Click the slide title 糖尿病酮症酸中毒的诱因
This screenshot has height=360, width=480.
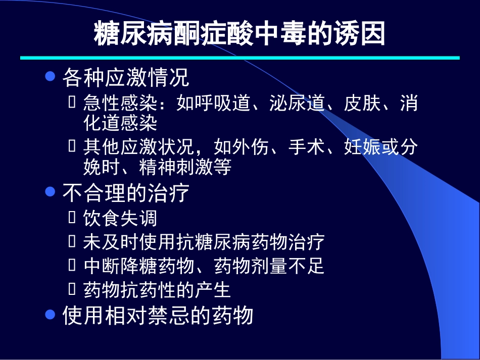coord(239,34)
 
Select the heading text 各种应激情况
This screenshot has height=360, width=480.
coord(126,78)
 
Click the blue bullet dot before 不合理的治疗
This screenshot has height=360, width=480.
coord(50,191)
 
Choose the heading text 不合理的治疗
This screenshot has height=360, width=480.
coord(126,193)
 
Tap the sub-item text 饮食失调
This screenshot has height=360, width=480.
coord(120,218)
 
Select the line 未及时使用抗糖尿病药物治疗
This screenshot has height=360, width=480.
coord(204,242)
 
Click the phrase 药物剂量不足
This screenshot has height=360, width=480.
coord(269,266)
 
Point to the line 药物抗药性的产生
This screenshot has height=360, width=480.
coord(157,289)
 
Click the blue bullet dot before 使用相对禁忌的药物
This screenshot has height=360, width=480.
coord(50,314)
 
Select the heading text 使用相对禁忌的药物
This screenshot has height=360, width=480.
coord(157,316)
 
